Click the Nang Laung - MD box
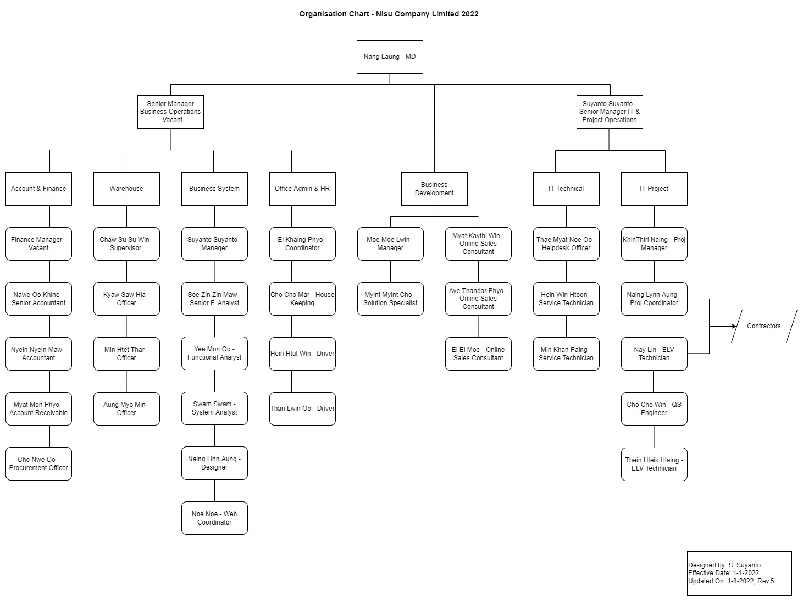coord(390,57)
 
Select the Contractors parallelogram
coord(763,326)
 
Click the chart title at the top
coord(389,14)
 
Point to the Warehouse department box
coord(126,189)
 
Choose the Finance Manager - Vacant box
coord(38,244)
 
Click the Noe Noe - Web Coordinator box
coord(214,518)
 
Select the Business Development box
coord(434,189)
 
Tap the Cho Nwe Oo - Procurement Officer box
coord(38,464)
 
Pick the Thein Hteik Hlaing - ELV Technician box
coord(654,464)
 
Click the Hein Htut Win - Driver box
coord(302,354)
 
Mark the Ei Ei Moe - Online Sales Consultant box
coord(478,354)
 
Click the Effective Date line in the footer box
coord(723,573)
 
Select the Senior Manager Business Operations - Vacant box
coord(170,112)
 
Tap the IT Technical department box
coord(566,189)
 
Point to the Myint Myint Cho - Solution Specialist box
coord(390,299)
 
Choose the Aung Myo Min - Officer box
coord(126,409)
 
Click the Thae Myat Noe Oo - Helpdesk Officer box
coord(566,244)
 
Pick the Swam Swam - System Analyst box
coord(214,408)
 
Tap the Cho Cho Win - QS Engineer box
coord(654,409)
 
